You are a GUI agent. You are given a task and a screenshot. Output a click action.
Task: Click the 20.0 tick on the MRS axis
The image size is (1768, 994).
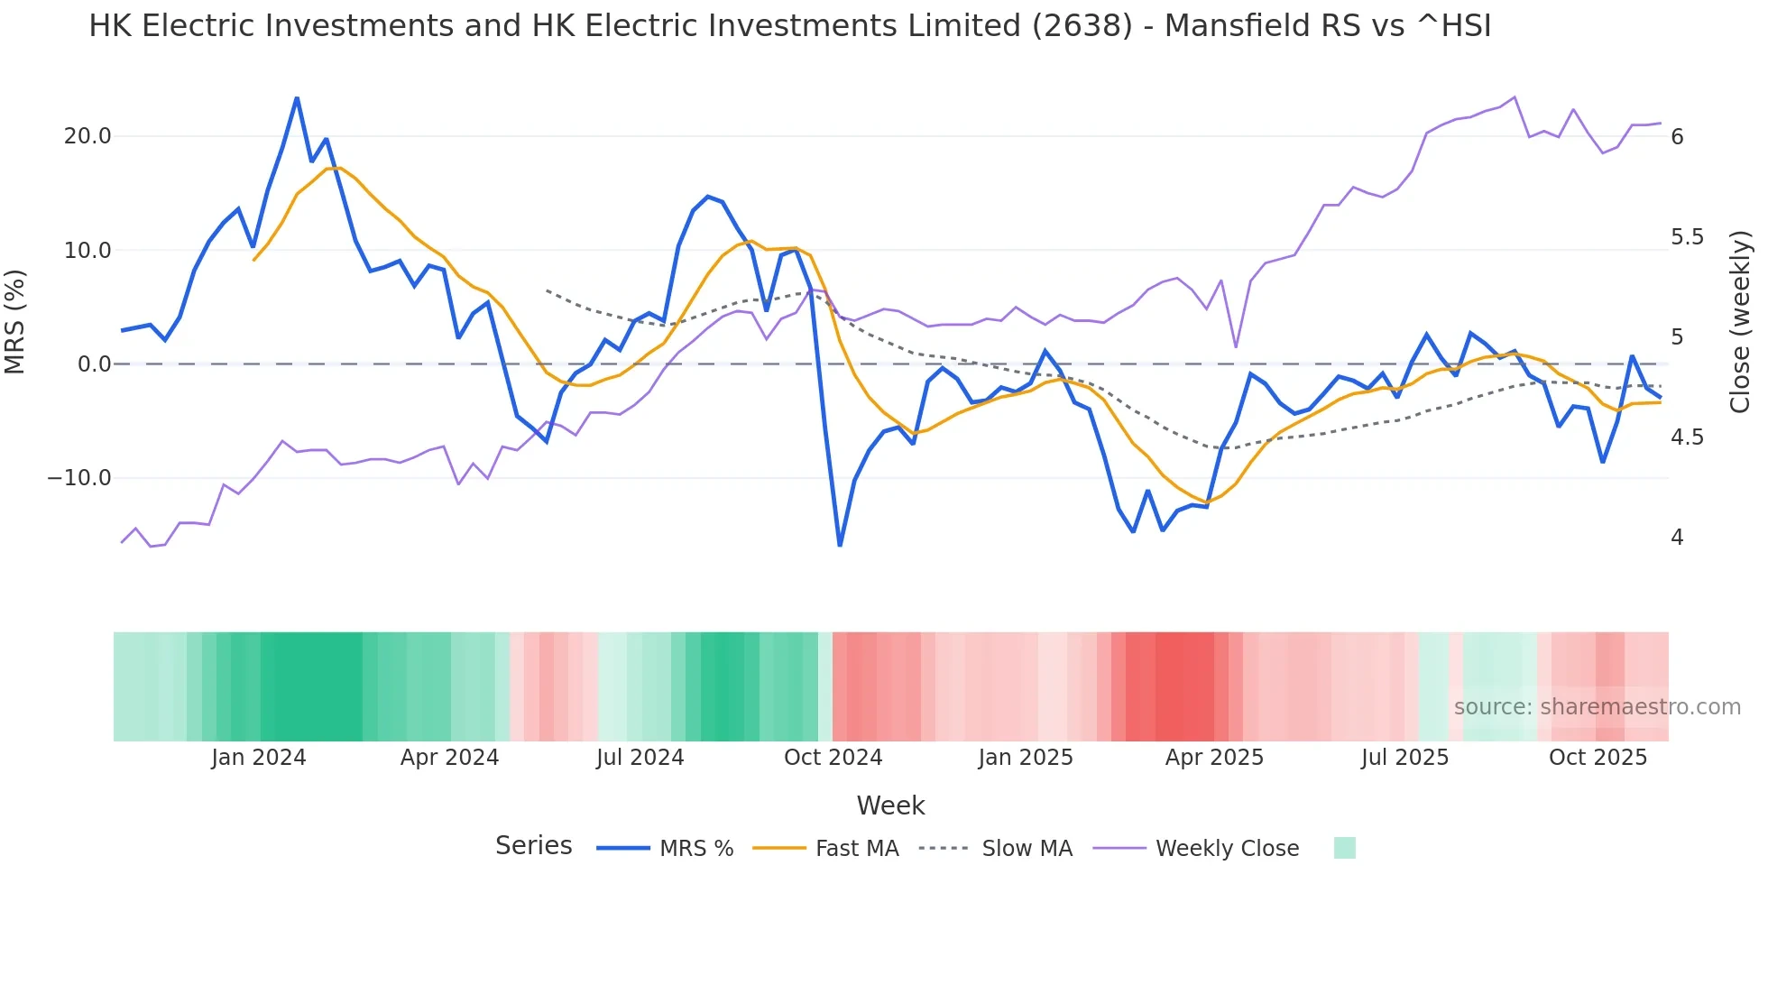coord(87,136)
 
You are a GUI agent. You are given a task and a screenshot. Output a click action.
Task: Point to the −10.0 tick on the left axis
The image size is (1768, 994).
coord(79,478)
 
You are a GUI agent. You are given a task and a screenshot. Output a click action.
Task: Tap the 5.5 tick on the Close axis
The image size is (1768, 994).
coord(1687,237)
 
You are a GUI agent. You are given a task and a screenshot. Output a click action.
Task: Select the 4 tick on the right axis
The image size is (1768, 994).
coord(1677,538)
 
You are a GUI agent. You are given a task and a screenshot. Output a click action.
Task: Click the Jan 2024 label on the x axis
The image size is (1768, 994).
coord(259,758)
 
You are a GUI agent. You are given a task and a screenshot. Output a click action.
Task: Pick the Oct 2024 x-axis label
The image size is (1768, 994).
coord(833,758)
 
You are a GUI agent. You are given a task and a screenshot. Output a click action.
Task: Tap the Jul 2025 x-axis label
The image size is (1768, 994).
coord(1404,758)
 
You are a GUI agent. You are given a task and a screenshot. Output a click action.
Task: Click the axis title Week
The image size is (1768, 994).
coord(890,805)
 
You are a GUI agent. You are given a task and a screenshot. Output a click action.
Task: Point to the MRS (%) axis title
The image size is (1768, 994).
coord(15,322)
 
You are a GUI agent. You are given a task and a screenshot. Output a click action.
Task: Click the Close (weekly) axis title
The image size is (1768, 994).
coord(1740,322)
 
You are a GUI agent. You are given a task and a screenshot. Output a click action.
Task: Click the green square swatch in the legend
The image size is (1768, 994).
coord(1344,848)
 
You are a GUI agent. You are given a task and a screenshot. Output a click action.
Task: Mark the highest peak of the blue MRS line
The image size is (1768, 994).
coord(297,98)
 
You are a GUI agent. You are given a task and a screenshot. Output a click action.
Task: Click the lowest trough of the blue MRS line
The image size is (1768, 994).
coord(840,545)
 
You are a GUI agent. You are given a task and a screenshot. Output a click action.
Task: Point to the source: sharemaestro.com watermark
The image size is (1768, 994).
coord(1597,707)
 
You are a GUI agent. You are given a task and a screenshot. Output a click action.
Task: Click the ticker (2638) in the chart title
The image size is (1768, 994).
coord(1082,26)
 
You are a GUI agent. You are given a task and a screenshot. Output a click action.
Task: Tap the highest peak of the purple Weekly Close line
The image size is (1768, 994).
coord(1515,97)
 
